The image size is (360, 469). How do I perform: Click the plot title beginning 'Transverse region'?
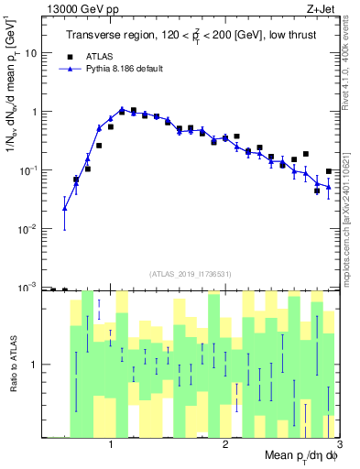(191, 37)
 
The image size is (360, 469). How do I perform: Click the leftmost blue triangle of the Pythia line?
(64, 208)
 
